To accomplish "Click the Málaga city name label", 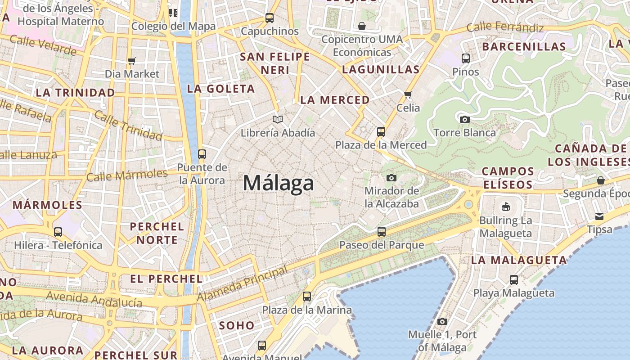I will pos(278,183).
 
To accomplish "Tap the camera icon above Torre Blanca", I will pos(465,119).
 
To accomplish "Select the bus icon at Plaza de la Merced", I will pos(381,131).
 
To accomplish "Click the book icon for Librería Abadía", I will pos(278,119).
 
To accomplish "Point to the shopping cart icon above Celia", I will pos(408,94).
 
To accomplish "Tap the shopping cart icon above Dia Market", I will pos(132,61).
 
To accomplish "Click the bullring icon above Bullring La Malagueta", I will pos(506,207).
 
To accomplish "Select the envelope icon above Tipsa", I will pos(599,216).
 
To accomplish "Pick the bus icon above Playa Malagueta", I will pos(514,279).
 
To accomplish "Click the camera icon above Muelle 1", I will pos(442,321).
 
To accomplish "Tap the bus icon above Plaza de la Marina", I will pos(307,297).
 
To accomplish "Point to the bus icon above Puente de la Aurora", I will pos(202,154).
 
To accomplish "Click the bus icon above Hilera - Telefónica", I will pos(58,232).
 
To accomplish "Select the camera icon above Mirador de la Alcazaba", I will pos(391,178).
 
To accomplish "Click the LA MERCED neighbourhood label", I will pos(335,100).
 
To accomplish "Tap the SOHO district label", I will pos(236,325).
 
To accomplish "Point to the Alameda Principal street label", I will pos(242,284).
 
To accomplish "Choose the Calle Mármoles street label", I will pos(127,175).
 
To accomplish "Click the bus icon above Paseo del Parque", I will pos(382,232).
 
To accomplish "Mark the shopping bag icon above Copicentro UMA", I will pos(362,26).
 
